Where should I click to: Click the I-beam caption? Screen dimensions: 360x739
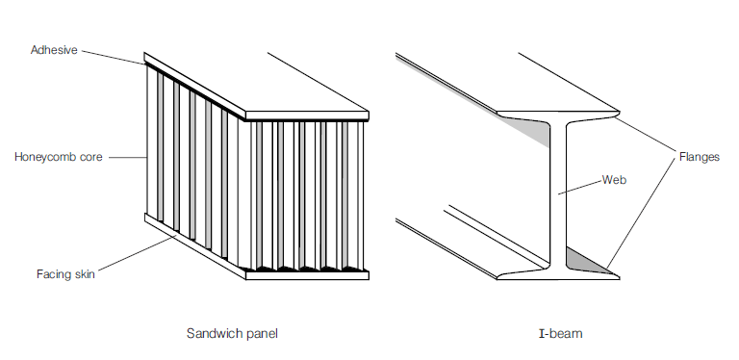click(561, 333)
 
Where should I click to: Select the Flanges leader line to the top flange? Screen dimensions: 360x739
click(645, 136)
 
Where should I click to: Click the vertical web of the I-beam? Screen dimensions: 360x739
click(557, 193)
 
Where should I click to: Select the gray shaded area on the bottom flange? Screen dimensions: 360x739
click(585, 259)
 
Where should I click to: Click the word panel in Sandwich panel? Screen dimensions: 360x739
click(264, 333)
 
